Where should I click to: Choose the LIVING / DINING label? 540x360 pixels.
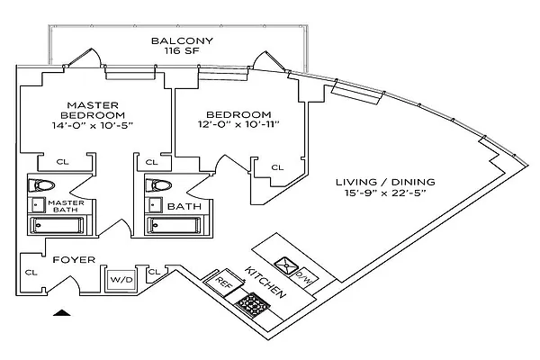pyautogui.click(x=378, y=178)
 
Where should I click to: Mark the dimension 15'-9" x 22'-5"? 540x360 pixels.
pyautogui.click(x=378, y=192)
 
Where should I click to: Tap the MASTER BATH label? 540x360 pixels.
pyautogui.click(x=66, y=207)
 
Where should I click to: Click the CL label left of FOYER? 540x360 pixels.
pyautogui.click(x=31, y=272)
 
